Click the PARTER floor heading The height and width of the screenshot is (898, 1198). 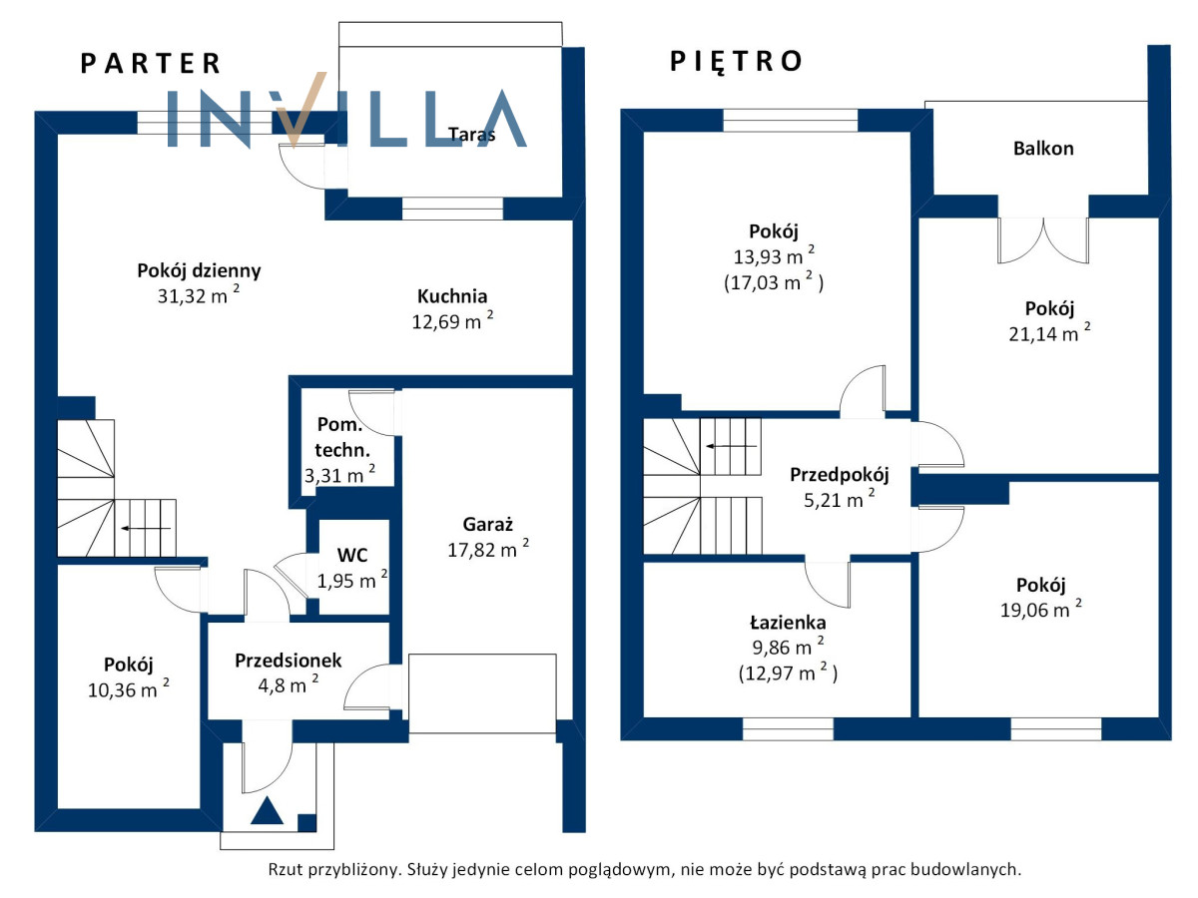point(150,63)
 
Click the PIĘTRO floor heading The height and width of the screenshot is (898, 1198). point(736,61)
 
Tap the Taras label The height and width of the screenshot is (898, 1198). point(472,134)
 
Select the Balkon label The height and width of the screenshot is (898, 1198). point(1043,149)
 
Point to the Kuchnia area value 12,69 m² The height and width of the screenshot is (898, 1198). point(452,320)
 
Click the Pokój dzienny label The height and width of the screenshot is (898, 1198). point(199,271)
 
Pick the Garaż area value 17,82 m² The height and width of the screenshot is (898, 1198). point(488,549)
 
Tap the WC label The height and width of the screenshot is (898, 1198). point(352,555)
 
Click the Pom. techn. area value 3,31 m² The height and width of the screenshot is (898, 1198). point(339,474)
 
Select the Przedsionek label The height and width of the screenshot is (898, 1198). point(289,661)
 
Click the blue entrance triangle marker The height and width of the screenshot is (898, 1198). point(267,811)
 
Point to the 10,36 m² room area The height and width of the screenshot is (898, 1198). point(128,689)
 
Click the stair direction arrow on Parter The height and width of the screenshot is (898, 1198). point(146,529)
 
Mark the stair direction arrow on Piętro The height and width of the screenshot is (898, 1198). point(732,447)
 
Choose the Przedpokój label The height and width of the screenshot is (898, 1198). point(840,475)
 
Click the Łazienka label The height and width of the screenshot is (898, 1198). point(788,622)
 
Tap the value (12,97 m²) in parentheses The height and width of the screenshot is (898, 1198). point(788,673)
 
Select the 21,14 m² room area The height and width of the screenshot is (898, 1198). point(1049,333)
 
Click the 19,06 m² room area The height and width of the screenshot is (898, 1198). point(1041,610)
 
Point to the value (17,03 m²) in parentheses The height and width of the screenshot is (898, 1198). point(774,282)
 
